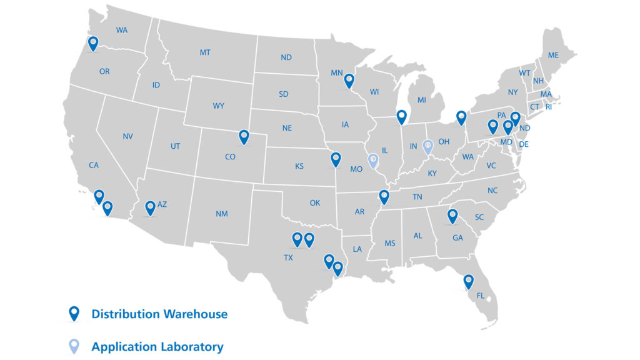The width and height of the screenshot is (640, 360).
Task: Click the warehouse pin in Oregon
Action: point(93,44)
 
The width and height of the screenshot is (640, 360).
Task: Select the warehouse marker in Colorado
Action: point(244,137)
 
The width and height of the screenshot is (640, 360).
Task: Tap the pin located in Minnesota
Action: point(349,81)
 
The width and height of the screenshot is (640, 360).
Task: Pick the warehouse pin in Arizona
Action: point(150,207)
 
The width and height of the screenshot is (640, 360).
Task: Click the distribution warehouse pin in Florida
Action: point(469,282)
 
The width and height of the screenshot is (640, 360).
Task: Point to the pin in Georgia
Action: point(452,216)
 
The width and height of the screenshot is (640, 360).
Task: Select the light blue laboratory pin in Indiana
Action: point(428,147)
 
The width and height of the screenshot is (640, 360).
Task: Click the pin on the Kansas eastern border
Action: point(336,159)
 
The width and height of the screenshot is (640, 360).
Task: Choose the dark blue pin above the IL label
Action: point(401,116)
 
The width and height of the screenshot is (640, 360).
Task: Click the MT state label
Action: point(205,52)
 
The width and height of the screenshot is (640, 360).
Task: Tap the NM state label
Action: point(222,214)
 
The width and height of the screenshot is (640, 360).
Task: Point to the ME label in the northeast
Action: point(553,55)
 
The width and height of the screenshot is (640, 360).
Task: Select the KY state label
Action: point(432,174)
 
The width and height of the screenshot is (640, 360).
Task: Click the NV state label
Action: point(128,136)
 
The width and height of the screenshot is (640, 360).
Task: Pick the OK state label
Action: point(315,202)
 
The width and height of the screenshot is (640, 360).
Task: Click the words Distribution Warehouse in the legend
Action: point(159,314)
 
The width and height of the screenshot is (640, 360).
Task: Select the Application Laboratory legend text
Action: point(157,346)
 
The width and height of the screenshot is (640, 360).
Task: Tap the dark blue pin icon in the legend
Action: point(74,313)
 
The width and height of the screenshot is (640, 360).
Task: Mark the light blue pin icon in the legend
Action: point(74,346)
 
